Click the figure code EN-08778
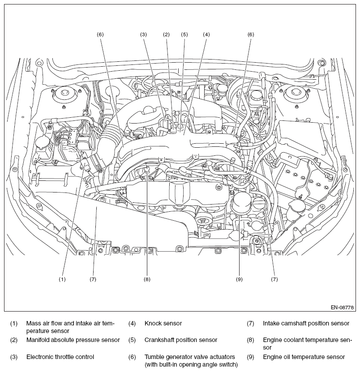[x=343, y=308]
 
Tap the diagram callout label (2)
[x=166, y=34]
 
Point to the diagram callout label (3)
[x=143, y=34]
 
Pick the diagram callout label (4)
[x=206, y=34]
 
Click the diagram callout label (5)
[x=184, y=34]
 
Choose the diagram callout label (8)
[x=147, y=279]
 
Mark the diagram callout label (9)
[x=239, y=279]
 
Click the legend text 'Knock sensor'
[x=163, y=323]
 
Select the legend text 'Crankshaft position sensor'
[x=181, y=340]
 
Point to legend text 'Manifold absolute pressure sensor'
[x=73, y=340]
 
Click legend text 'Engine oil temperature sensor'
[x=304, y=357]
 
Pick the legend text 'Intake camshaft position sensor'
[x=306, y=323]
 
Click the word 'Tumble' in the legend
[x=154, y=357]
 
